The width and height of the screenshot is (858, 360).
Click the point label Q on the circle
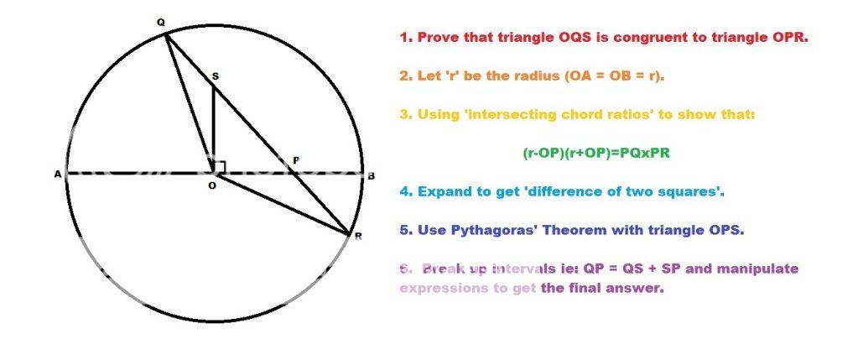tap(160, 23)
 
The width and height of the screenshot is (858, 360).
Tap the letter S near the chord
tap(215, 76)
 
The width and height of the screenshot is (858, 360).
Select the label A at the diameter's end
tap(57, 175)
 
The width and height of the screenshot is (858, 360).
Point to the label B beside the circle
tap(371, 176)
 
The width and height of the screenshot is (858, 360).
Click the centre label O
tap(212, 186)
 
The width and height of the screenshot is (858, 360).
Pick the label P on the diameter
tap(296, 160)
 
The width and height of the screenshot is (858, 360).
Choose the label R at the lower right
tap(358, 237)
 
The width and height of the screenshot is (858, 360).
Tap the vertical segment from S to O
tap(213, 129)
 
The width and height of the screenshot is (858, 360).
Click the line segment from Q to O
tap(190, 104)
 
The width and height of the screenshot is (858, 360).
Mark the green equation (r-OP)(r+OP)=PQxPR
tap(596, 154)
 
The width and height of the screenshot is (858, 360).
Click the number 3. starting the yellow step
tap(405, 115)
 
